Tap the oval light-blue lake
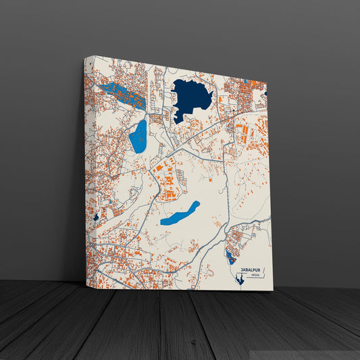tap(138, 136)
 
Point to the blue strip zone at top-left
tap(122, 95)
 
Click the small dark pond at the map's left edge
tap(97, 217)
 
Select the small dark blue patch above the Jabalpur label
tap(230, 257)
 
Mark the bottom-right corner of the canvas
tap(273, 290)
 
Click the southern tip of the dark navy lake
tap(177, 122)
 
